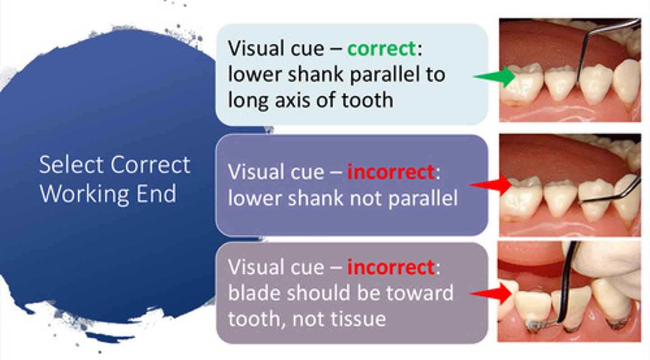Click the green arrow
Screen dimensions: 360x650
[496, 77]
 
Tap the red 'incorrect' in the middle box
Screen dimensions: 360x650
[390, 172]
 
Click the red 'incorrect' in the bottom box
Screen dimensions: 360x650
[390, 267]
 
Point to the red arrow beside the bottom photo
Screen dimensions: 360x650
[492, 294]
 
